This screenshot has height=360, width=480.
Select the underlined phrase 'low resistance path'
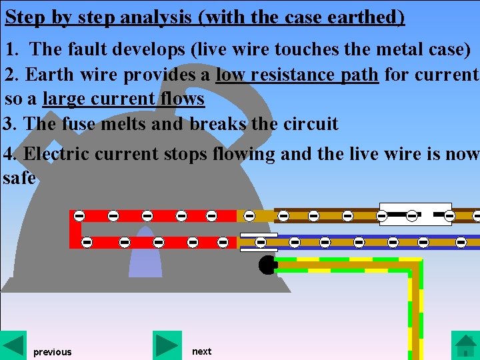(297, 74)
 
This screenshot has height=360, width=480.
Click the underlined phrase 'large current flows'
(123, 99)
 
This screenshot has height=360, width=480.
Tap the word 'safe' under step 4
(19, 179)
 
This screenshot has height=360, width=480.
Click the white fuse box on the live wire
(415, 215)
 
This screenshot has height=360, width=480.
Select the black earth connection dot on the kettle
(267, 265)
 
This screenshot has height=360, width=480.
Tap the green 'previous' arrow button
(13, 345)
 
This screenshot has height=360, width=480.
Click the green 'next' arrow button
(167, 345)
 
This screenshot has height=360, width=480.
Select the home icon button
(465, 345)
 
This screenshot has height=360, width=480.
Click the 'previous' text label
(52, 352)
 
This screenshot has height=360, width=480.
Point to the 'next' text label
(201, 351)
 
